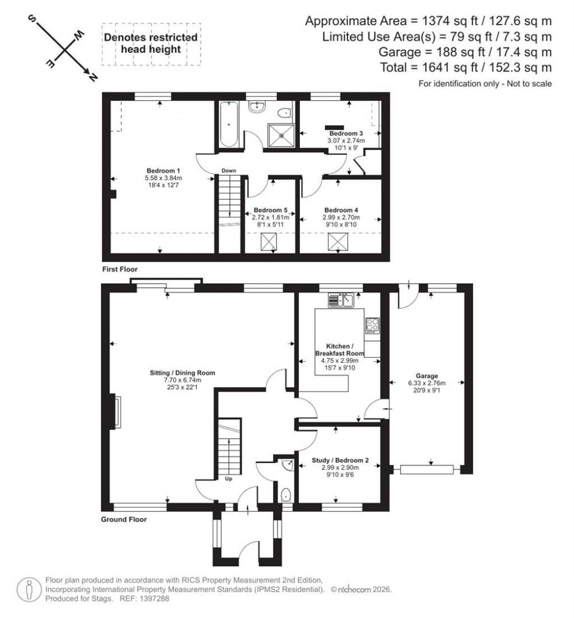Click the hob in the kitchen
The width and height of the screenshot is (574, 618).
click(x=372, y=325)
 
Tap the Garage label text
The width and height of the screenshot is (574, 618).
click(x=427, y=376)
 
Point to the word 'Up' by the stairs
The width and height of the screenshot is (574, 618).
click(x=229, y=479)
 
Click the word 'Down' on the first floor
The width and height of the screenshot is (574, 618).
click(x=228, y=171)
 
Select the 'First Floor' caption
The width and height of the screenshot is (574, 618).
click(x=119, y=269)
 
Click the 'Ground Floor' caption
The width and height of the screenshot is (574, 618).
click(x=123, y=519)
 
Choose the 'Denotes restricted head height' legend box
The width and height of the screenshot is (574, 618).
click(x=151, y=44)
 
